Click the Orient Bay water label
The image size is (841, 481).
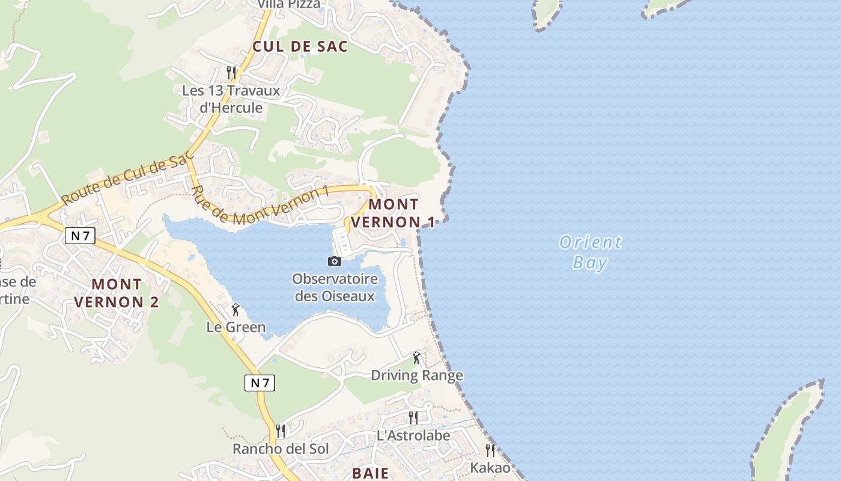coord(591,253)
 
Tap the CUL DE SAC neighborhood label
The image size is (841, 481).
coord(300,46)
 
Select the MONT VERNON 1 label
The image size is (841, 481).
coord(393,213)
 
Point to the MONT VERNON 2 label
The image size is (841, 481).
coord(117,293)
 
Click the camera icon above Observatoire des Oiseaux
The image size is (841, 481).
coord(335,261)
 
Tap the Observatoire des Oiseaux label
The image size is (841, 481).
coord(335,287)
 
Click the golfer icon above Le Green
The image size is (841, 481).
coord(235,310)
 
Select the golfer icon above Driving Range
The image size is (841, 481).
coord(416,358)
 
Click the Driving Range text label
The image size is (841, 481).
coord(417,376)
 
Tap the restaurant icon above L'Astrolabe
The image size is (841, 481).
coord(413,417)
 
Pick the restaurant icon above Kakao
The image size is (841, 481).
coord(490,450)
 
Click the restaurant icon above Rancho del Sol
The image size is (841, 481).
coord(280,430)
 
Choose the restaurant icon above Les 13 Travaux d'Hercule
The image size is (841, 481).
coord(231,72)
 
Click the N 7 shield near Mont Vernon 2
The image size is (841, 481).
coord(80,236)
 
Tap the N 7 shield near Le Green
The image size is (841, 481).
coord(260,382)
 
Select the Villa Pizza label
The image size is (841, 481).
coord(289,5)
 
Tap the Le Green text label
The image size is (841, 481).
coord(235,327)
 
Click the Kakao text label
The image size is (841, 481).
coord(490,468)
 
